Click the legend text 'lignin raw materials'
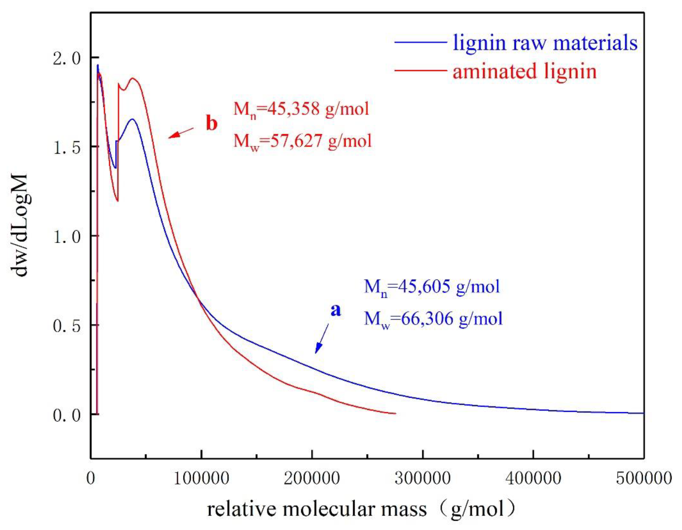pyautogui.click(x=545, y=42)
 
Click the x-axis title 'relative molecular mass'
pyautogui.click(x=317, y=509)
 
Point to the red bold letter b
pyautogui.click(x=212, y=124)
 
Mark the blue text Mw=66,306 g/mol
pyautogui.click(x=433, y=319)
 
